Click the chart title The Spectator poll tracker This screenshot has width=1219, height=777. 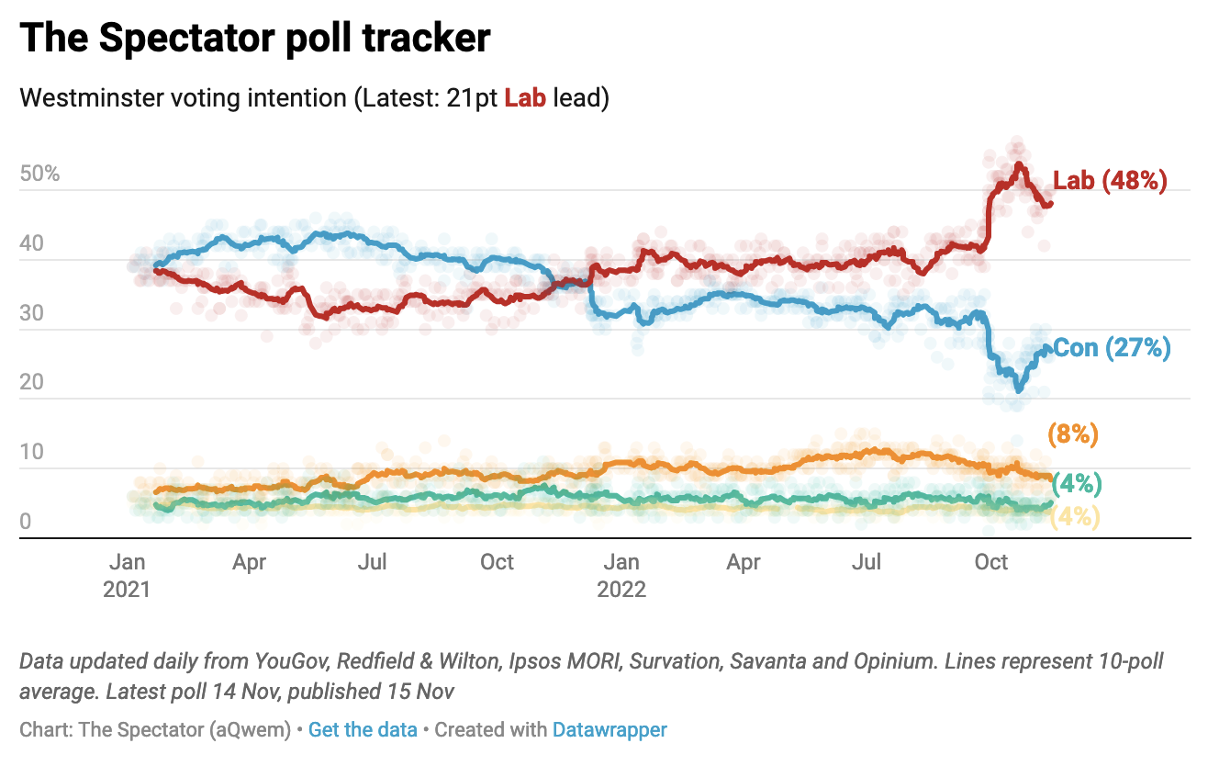255,39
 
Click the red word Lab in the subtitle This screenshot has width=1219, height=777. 525,98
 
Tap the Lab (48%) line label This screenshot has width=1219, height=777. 1110,181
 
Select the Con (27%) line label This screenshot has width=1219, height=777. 1112,348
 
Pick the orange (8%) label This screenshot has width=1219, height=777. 1072,434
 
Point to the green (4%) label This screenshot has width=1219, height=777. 1076,483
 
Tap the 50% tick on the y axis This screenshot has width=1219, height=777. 39,174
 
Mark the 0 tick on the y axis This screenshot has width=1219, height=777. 26,522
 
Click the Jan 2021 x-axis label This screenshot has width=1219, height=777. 127,575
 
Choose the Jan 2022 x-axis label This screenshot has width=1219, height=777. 622,575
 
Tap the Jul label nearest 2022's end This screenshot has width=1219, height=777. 867,562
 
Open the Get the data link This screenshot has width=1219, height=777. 363,730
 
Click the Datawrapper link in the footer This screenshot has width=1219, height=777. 609,730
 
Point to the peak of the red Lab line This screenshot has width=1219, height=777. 1019,164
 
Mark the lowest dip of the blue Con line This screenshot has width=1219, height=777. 1018,390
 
